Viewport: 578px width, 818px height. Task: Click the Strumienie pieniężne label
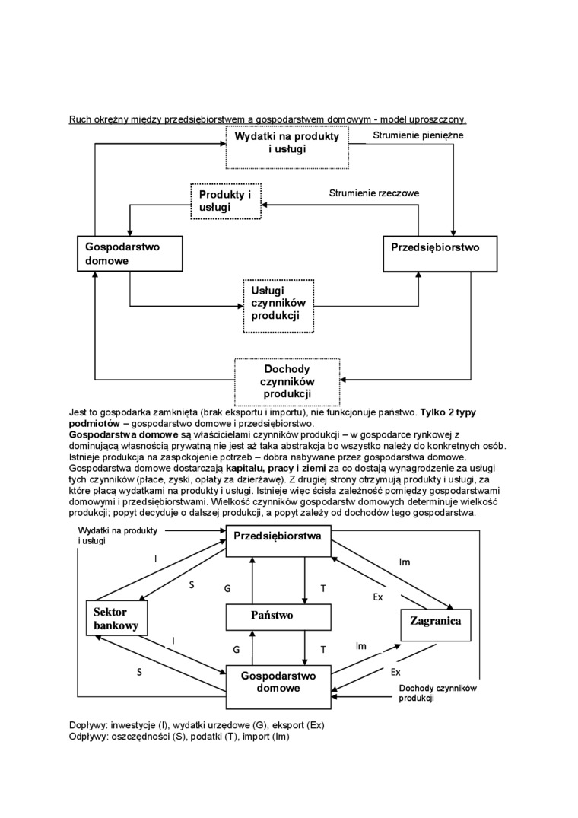point(418,135)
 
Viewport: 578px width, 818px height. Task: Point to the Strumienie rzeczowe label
point(373,193)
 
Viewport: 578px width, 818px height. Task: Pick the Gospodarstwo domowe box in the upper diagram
point(130,253)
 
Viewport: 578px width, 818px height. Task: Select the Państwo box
point(272,615)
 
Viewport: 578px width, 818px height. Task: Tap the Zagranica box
point(436,622)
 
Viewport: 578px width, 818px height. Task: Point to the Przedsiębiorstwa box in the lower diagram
point(277,536)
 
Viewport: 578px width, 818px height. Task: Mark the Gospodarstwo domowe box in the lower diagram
point(278,682)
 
